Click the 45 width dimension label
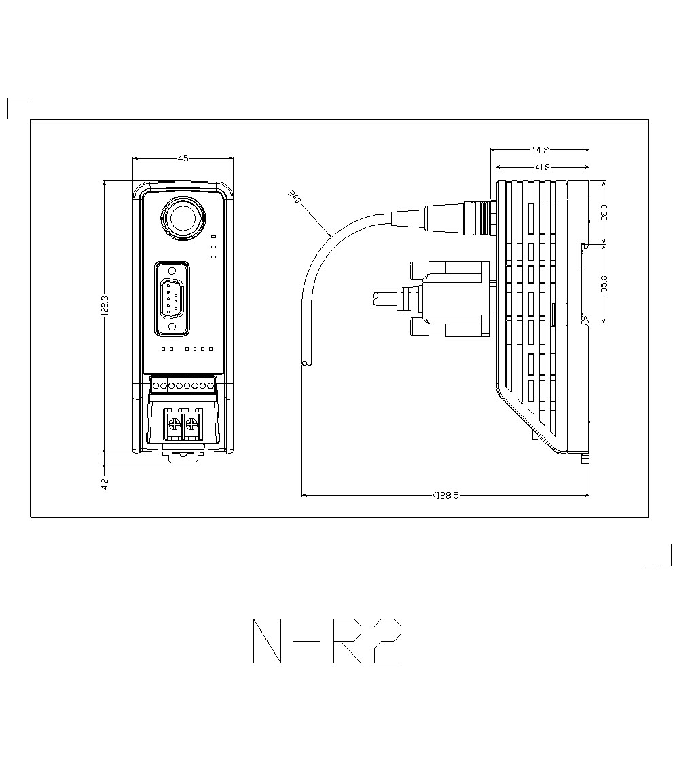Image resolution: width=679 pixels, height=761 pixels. (x=183, y=158)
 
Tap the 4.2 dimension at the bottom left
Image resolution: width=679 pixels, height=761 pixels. (x=104, y=484)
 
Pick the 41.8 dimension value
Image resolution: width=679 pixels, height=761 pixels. (x=541, y=166)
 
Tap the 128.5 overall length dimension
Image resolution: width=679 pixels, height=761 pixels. (x=445, y=495)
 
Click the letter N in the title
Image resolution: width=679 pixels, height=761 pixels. (x=267, y=641)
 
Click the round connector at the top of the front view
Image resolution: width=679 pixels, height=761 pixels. (x=183, y=218)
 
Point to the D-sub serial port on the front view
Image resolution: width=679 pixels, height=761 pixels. (x=172, y=298)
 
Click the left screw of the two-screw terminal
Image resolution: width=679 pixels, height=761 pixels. (x=174, y=425)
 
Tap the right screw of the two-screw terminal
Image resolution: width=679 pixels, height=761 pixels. (x=193, y=425)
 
